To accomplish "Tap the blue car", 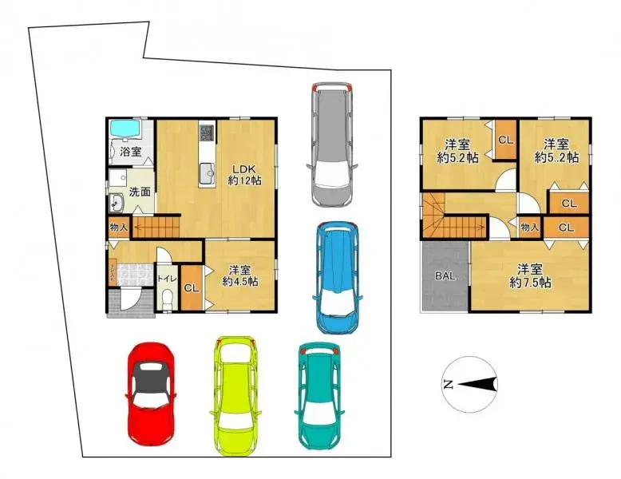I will click(337, 276).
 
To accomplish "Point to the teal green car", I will click(322, 396).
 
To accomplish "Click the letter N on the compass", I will click(448, 385).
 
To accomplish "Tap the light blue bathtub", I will click(125, 129).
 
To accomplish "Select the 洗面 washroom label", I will click(140, 192).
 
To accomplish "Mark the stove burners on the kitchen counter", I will click(207, 132).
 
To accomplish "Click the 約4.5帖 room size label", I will click(239, 282).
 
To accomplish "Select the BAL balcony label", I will click(444, 277).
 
